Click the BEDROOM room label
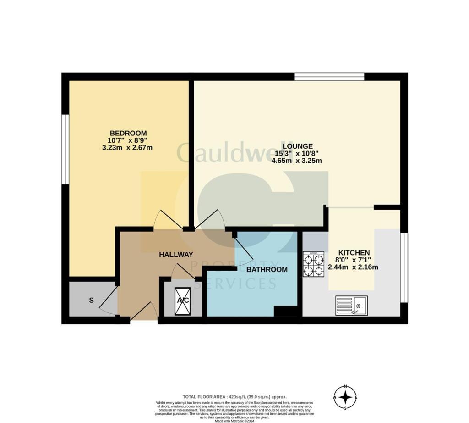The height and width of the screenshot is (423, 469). point(128,133)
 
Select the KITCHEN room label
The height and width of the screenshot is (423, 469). point(354,253)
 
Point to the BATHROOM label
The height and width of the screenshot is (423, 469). point(267,270)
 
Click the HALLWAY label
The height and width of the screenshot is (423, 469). point(176,255)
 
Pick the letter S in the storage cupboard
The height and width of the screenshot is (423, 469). point(91,301)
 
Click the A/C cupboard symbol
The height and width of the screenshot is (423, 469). point(183,301)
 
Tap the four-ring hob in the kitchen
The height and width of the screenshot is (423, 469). point(313,264)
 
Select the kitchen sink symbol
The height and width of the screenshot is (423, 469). point(351,305)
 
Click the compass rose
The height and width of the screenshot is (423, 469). point(346,397)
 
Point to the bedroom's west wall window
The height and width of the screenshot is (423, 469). point(65,149)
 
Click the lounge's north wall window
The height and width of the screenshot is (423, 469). point(329,77)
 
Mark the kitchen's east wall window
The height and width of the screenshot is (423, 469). point(404,267)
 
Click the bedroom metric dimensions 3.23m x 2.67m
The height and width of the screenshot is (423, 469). point(128,148)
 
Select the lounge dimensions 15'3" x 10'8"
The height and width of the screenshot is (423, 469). point(300,154)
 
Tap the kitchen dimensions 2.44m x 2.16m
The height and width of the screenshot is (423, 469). point(353,267)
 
